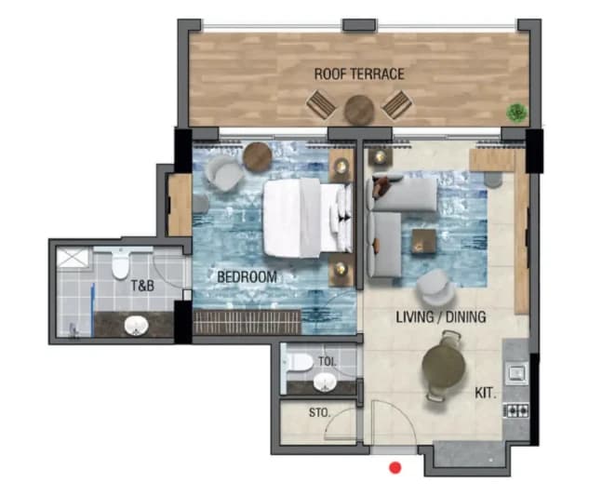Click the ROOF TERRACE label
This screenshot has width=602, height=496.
click(x=359, y=74)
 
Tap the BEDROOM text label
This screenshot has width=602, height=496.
click(x=247, y=276)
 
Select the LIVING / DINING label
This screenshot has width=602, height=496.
click(x=441, y=316)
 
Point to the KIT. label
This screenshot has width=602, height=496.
click(x=486, y=393)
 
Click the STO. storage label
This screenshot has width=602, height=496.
click(x=319, y=412)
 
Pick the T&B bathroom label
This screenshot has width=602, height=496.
click(x=142, y=286)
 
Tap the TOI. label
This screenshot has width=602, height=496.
click(x=328, y=361)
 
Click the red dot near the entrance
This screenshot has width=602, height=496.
click(x=395, y=467)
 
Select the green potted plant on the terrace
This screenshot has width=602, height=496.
click(x=516, y=113)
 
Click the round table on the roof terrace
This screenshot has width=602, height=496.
click(x=359, y=110)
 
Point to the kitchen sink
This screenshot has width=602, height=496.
click(x=517, y=373)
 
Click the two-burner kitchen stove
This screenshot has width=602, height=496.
click(x=516, y=411)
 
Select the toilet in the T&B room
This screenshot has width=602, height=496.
click(x=120, y=263)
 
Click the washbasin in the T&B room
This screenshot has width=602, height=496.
click(x=136, y=326)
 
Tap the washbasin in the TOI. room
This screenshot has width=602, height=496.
click(x=325, y=382)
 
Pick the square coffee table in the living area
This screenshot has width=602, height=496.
click(x=424, y=241)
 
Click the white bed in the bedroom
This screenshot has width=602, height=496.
click(x=307, y=218)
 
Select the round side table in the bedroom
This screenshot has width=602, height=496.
click(x=258, y=156)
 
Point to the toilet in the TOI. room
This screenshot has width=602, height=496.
click(x=299, y=362)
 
